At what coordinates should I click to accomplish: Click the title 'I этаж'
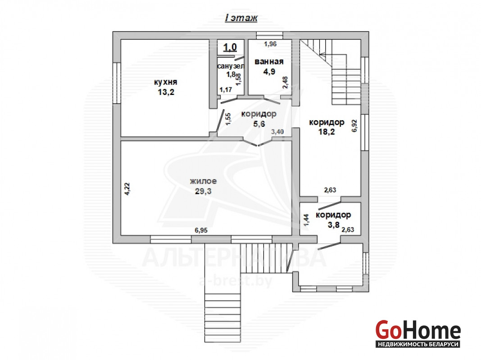pyautogui.click(x=241, y=18)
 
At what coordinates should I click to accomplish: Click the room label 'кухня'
pyautogui.click(x=166, y=82)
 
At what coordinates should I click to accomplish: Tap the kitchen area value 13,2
pyautogui.click(x=166, y=92)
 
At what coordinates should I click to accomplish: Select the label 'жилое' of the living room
pyautogui.click(x=203, y=181)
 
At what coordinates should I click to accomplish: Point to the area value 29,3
pyautogui.click(x=204, y=191)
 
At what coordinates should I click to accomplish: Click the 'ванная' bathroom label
pyautogui.click(x=269, y=62)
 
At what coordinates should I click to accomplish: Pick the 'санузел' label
pyautogui.click(x=231, y=66)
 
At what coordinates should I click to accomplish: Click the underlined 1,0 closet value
pyautogui.click(x=230, y=48)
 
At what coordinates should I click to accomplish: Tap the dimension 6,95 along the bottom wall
pyautogui.click(x=201, y=230)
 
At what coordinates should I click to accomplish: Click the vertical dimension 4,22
pyautogui.click(x=127, y=189)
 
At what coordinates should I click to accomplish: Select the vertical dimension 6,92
pyautogui.click(x=354, y=126)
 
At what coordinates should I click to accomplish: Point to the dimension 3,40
pyautogui.click(x=277, y=132)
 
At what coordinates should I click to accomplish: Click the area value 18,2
pyautogui.click(x=327, y=132)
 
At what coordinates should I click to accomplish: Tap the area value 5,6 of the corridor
pyautogui.click(x=259, y=124)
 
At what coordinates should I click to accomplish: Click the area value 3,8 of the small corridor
pyautogui.click(x=333, y=225)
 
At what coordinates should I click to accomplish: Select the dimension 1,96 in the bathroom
pyautogui.click(x=270, y=44)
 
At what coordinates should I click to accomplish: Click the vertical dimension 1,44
pyautogui.click(x=306, y=220)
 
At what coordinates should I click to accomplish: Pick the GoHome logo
pyautogui.click(x=418, y=333)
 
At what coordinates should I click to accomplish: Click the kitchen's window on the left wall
pyautogui.click(x=117, y=83)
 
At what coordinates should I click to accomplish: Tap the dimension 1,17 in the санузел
pyautogui.click(x=226, y=90)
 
